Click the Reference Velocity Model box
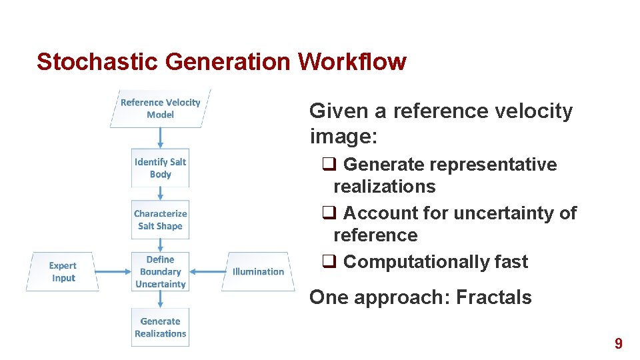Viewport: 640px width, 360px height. (160, 108)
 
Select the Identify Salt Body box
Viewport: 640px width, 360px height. (160, 168)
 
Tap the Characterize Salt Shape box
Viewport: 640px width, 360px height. (160, 220)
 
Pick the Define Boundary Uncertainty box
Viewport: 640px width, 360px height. (160, 272)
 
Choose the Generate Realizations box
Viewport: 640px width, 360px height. (160, 327)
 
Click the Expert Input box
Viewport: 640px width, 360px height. (63, 272)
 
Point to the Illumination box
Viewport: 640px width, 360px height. (258, 272)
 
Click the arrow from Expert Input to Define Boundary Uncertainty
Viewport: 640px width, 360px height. (115, 271)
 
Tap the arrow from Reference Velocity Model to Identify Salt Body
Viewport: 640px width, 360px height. (160, 137)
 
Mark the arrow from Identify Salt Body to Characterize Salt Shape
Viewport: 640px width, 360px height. (160, 193)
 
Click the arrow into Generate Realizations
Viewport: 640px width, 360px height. (160, 299)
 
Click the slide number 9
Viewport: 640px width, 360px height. (618, 344)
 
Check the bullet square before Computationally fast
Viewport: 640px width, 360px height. (329, 262)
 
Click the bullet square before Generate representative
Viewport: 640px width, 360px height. (329, 165)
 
